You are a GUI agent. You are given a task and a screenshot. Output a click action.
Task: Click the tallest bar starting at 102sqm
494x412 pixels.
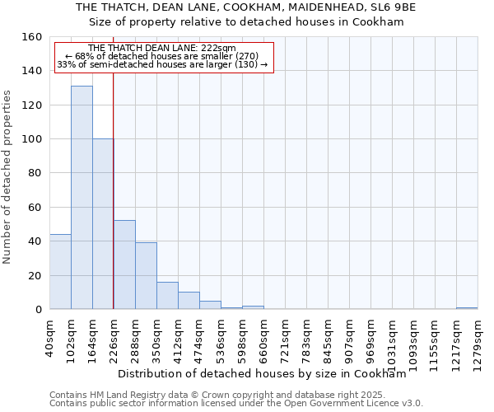pos(82,198)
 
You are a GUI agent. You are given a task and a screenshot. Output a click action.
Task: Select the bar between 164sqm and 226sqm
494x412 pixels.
pos(103,224)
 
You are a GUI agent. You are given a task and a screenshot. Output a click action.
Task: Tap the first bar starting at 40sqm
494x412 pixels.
pos(60,272)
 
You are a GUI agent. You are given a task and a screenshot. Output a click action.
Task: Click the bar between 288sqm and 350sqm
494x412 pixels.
pos(146,276)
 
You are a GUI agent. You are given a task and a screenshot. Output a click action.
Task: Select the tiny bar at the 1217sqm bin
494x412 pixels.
pos(467,308)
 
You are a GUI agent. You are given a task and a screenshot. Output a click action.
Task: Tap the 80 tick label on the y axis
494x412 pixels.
pos(35,173)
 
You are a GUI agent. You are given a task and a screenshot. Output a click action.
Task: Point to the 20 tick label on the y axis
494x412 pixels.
pos(35,275)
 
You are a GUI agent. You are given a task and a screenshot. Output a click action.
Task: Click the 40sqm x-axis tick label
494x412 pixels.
pos(50,337)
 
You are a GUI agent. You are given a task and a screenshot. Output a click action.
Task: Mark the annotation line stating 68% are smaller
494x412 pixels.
pos(161,56)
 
